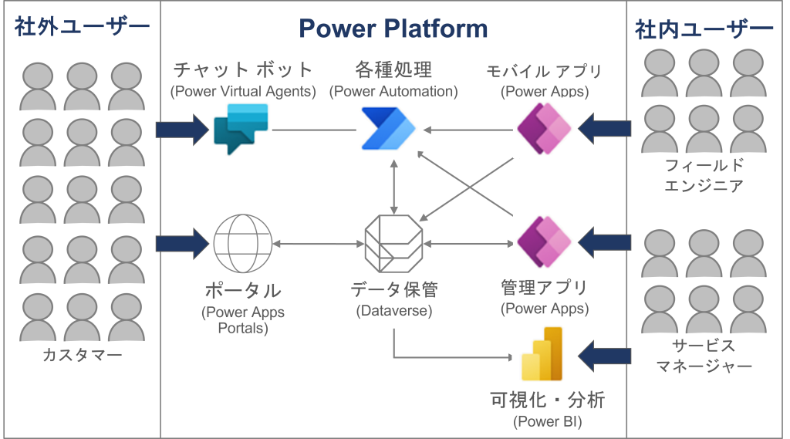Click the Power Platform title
[393, 29]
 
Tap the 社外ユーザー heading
[82, 29]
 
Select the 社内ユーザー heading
[704, 29]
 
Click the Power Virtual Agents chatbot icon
[240, 129]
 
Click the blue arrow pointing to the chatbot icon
[182, 129]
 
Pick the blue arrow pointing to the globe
[182, 243]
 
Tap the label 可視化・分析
[548, 402]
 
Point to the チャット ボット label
[243, 70]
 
